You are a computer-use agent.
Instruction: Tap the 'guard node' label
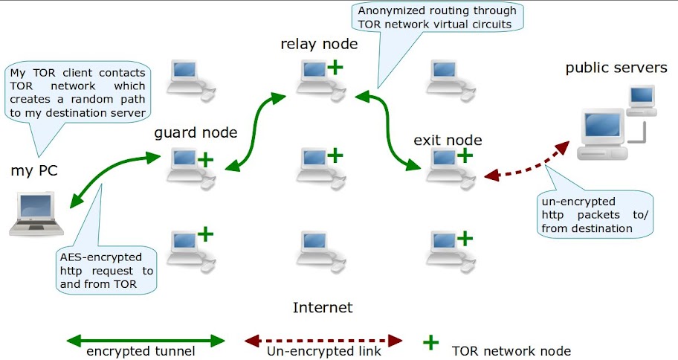pos(196,133)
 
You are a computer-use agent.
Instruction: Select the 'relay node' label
pos(319,44)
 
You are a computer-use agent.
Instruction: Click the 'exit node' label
pos(448,140)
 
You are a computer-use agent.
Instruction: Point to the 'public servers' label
pos(616,68)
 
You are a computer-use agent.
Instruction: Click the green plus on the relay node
pos(335,68)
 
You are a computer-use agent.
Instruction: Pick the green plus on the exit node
pos(465,155)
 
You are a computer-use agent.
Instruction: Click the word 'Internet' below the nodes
pos(323,307)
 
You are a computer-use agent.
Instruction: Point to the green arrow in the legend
pos(145,341)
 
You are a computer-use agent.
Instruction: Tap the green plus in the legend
pos(430,341)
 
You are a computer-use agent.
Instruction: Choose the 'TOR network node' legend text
pos(511,350)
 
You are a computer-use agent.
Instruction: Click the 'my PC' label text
pos(34,171)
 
